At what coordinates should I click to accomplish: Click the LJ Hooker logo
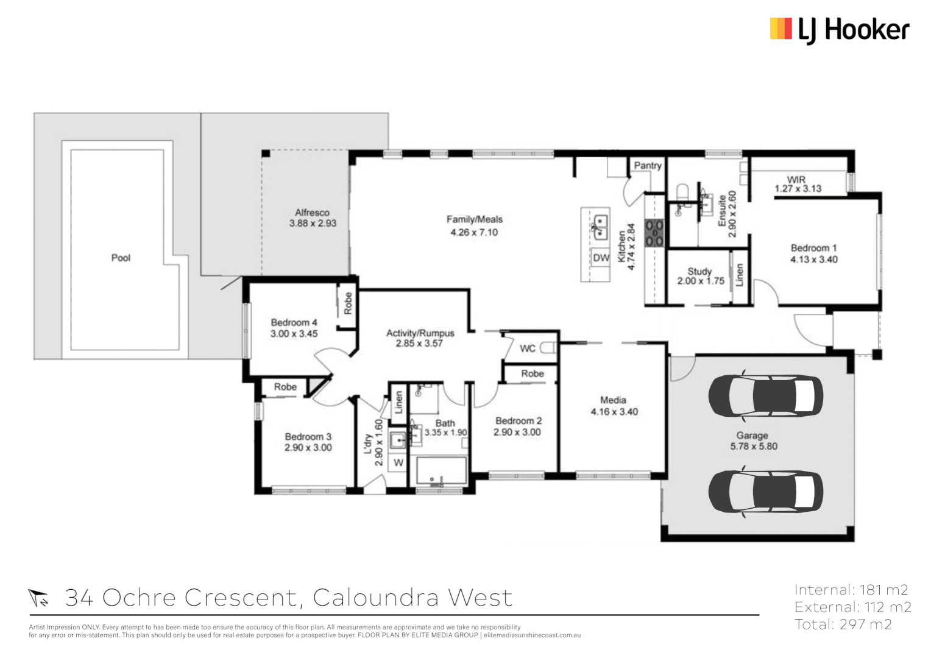coord(840,30)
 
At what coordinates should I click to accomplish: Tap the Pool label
coord(121,258)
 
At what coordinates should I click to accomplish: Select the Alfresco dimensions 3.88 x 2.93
coord(313,224)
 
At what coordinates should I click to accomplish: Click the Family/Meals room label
coord(474,219)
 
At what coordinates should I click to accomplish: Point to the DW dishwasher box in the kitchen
coord(601,258)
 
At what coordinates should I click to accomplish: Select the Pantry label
coord(647,166)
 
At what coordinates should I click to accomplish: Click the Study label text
coord(699,271)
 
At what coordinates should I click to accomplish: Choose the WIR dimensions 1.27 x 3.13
coord(798,189)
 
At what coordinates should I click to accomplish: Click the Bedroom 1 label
coord(813,248)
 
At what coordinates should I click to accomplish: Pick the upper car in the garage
coord(765,396)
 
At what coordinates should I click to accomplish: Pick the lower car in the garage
coord(765,492)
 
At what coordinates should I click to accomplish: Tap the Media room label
coord(613,400)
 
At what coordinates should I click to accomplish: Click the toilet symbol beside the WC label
coord(548,348)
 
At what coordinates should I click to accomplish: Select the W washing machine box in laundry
coord(398,463)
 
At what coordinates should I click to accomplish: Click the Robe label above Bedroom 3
coord(285,387)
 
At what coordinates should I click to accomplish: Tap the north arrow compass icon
coord(38,598)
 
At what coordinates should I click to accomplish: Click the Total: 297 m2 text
coord(843,624)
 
